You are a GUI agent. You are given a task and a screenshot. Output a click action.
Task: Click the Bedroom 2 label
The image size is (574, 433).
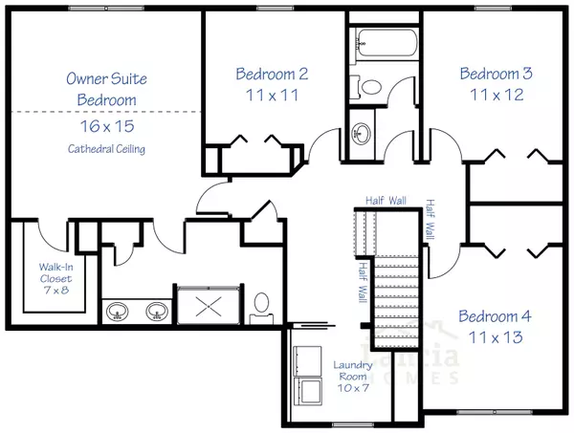click(x=271, y=74)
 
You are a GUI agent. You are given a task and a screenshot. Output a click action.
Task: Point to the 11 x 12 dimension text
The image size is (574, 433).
click(x=496, y=96)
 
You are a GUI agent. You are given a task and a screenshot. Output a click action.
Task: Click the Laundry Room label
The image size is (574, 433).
click(x=352, y=372)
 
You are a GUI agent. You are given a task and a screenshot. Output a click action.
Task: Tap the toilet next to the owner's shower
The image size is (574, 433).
click(x=260, y=306)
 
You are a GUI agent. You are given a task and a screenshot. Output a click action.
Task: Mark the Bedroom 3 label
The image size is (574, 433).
click(x=496, y=74)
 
